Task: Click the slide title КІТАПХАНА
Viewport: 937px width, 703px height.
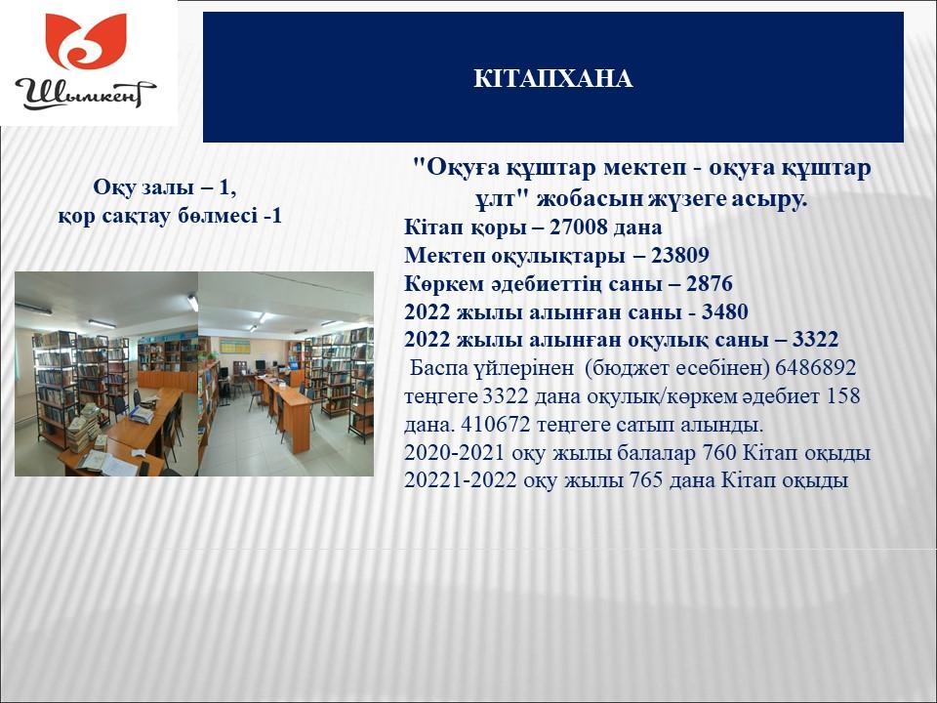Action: tap(552, 78)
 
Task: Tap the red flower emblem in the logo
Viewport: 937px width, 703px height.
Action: tap(87, 41)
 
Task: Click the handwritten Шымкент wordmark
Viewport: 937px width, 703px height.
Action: tap(85, 94)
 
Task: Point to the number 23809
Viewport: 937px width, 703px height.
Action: tap(680, 255)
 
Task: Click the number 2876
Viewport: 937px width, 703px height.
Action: tap(709, 283)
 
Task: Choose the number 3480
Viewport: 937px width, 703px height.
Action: tap(724, 311)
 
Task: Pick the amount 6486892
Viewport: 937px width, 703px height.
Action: tap(816, 367)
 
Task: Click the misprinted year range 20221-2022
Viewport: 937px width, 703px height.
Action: tap(460, 480)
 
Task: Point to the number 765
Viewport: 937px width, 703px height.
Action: tap(646, 480)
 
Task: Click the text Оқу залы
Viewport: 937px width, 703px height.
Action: tap(143, 187)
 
